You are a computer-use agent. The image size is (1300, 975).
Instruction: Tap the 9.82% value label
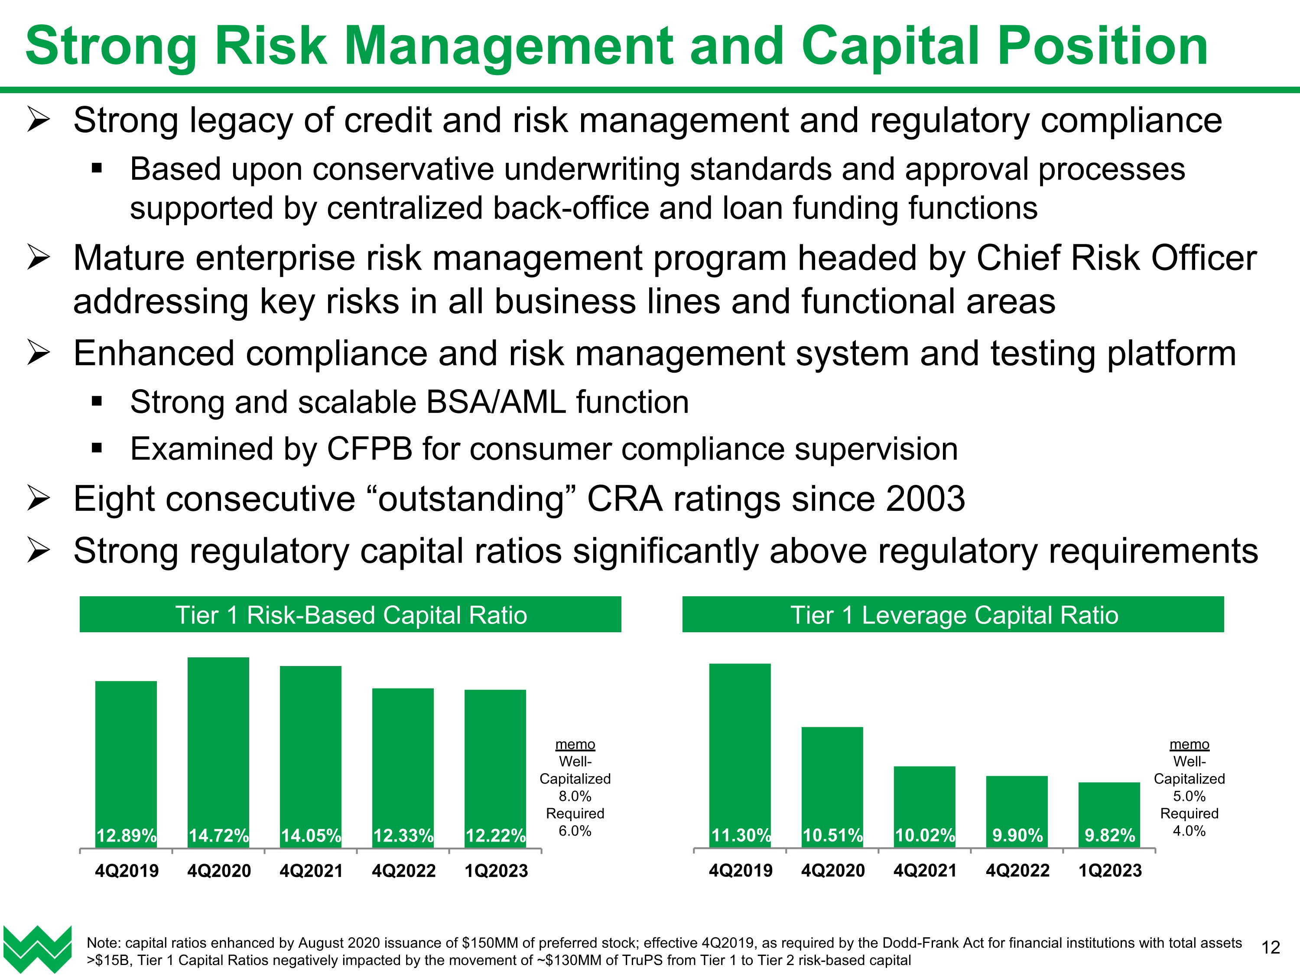click(x=1110, y=835)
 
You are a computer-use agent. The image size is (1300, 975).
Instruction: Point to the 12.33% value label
click(x=403, y=835)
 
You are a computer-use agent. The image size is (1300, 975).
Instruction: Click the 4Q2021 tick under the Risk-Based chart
click(x=311, y=871)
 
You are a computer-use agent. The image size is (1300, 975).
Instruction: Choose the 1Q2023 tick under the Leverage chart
click(x=1110, y=871)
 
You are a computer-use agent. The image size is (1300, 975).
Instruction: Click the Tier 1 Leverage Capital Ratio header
click(x=953, y=615)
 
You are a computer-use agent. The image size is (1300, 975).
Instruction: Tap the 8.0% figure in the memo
click(x=575, y=796)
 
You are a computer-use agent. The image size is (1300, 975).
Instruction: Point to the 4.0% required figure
click(x=1189, y=831)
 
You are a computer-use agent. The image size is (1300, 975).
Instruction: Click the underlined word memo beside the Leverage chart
click(x=1189, y=744)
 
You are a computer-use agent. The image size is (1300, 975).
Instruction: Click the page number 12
click(x=1271, y=947)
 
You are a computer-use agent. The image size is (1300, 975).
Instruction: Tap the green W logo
click(x=38, y=948)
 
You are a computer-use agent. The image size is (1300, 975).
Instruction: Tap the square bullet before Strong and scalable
click(x=97, y=402)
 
